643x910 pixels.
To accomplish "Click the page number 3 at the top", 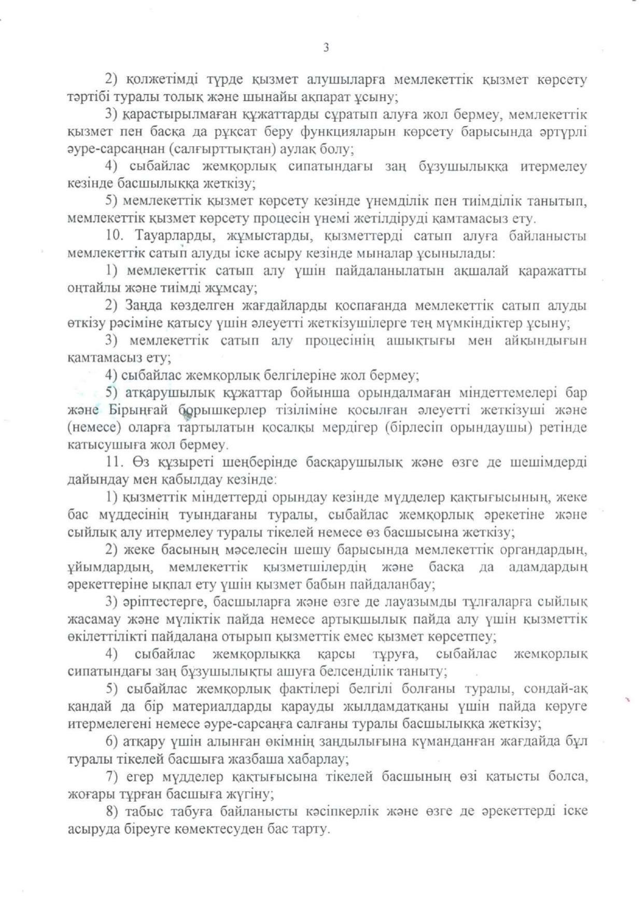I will coord(326,48).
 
